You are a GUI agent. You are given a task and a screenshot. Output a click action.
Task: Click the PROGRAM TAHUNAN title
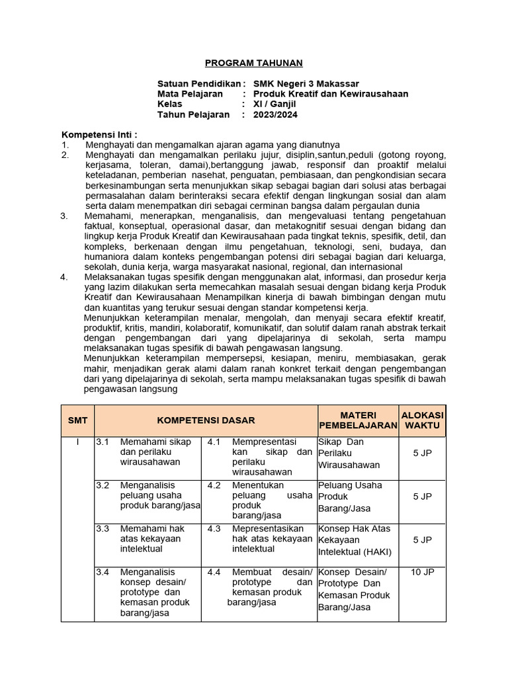(x=253, y=63)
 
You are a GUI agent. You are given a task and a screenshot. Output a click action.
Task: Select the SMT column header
(x=77, y=420)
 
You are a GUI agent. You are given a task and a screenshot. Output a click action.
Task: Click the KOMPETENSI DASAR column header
(x=206, y=420)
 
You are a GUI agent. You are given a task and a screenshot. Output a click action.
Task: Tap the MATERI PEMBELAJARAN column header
(x=357, y=420)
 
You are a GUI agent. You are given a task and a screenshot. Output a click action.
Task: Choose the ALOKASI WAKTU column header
(x=423, y=420)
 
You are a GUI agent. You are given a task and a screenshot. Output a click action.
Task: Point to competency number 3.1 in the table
(x=103, y=442)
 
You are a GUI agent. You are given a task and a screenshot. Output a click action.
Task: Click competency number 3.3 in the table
(x=103, y=529)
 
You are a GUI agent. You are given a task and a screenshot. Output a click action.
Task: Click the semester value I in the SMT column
(x=77, y=442)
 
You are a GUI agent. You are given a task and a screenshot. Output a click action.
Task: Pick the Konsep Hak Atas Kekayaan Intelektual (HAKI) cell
(x=357, y=539)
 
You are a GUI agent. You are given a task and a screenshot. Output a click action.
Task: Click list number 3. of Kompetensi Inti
(x=64, y=216)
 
